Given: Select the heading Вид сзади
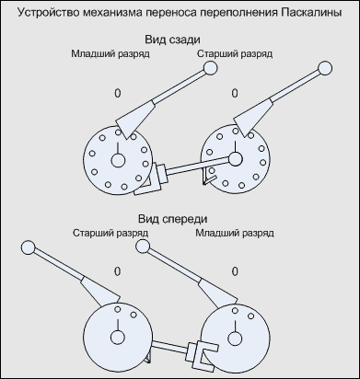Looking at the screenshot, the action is [x=172, y=40].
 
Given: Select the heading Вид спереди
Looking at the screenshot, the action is [x=172, y=219].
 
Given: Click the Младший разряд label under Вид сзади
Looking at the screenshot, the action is [x=110, y=54].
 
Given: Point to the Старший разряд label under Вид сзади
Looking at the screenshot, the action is [x=235, y=54].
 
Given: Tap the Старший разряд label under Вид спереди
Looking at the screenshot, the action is [x=110, y=234].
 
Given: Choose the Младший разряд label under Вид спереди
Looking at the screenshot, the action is [x=235, y=234].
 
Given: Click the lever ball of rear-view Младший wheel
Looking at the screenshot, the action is [x=211, y=68].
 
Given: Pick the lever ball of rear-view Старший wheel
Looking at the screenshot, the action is [x=325, y=68].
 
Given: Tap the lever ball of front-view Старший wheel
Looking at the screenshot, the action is [x=29, y=247].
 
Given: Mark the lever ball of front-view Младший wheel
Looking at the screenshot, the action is [x=142, y=247].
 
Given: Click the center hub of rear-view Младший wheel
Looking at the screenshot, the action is [x=118, y=160].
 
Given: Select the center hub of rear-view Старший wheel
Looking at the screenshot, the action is [x=236, y=159].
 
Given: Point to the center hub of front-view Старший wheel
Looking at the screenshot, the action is [x=118, y=338].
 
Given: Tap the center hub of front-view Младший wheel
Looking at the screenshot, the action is [x=235, y=339].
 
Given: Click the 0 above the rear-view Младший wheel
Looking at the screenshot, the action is [x=118, y=93].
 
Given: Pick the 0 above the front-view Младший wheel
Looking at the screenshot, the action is [x=235, y=271].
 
